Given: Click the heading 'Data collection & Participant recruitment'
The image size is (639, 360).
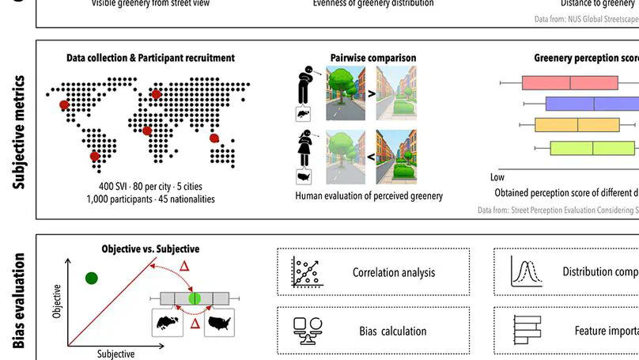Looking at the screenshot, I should coord(149,58).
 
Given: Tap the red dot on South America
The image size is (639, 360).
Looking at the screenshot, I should coord(96,157).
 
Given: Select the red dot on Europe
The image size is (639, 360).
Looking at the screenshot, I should coord(156,94).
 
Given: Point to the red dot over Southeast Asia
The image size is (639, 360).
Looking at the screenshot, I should coord(214,138).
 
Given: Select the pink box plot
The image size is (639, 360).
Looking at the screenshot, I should coord(569,82).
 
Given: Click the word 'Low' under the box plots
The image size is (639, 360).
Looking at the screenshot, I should coord(497,177).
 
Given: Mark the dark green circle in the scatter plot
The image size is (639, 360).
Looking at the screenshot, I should coord(92,278).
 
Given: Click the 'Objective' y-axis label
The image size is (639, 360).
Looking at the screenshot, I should coord(57,302).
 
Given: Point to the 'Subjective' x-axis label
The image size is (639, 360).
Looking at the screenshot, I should coord(115,354).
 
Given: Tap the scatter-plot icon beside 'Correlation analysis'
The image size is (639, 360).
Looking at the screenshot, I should coord(304,272).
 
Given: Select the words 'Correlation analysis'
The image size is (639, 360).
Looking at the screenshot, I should coord(394,273).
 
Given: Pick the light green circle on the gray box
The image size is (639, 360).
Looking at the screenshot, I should coord(195,298).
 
